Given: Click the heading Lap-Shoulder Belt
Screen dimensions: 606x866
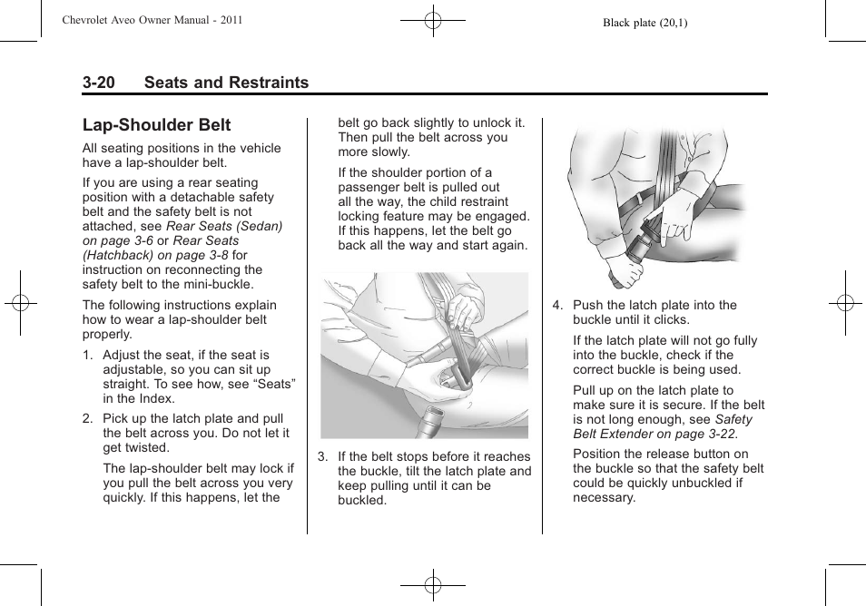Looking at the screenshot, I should coord(156,125).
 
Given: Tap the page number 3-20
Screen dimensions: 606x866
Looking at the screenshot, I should coord(98,83).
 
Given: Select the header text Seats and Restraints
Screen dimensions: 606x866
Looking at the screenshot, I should coord(226,83).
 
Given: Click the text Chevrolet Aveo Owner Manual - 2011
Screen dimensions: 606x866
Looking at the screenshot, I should coord(152,20).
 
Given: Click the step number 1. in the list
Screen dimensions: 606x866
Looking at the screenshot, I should coord(88,356).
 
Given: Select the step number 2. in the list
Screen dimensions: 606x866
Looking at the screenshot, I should coord(88,419).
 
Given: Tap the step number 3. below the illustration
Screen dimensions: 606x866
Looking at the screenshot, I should coord(322,457).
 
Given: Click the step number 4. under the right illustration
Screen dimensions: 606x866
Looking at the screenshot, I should coord(558,306).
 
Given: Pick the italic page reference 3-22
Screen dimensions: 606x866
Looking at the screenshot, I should coord(733,434).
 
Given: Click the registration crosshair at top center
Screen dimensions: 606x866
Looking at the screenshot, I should coord(433,20).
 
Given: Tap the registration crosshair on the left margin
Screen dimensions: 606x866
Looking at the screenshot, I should coord(20,303).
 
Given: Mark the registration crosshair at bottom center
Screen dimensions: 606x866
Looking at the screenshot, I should coord(433,585).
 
